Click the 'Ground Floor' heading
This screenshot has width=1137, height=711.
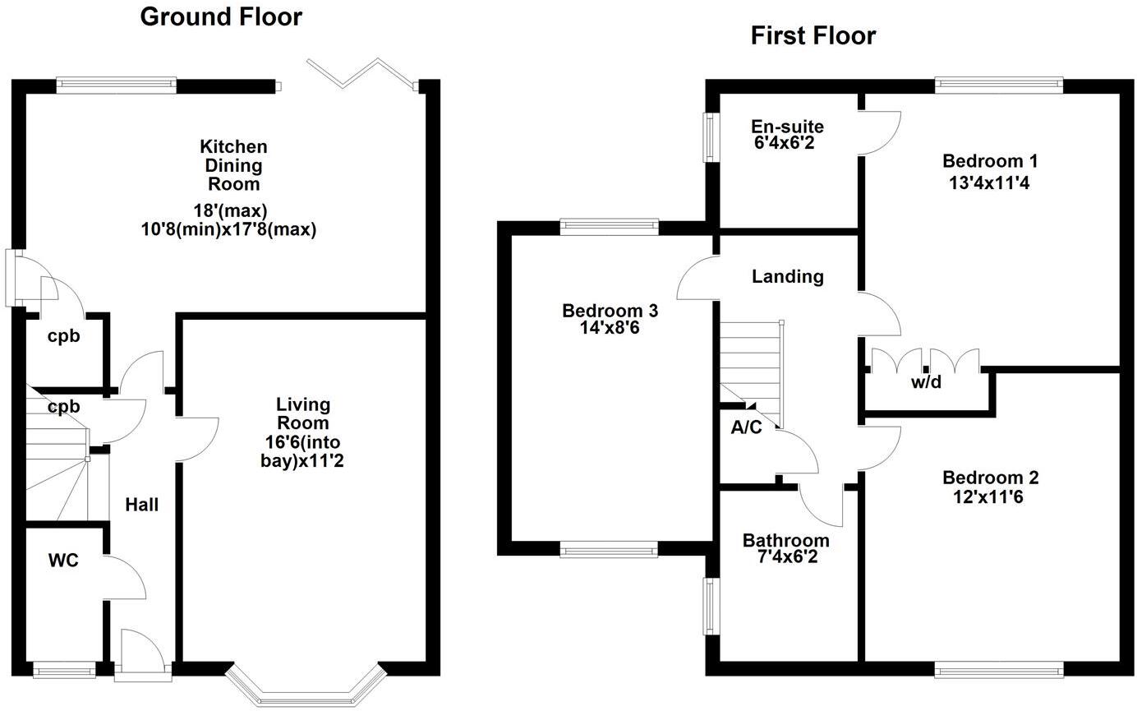point(221,16)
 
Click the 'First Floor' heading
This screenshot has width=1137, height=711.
point(812,35)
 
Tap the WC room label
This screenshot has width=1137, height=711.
point(63,561)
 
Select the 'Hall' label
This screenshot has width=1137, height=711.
point(141,505)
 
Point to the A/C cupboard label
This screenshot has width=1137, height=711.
point(746,427)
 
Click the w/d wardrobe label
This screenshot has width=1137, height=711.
point(926,382)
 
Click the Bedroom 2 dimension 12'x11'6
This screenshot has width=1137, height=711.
point(989,496)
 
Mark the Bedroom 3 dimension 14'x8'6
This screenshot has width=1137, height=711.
point(610,326)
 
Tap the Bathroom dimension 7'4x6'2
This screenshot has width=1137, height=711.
point(785,556)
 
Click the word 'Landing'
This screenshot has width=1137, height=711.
point(787,276)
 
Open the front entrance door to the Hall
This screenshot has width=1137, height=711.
point(143,653)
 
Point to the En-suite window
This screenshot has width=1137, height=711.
point(707,136)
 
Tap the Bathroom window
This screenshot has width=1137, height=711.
point(707,606)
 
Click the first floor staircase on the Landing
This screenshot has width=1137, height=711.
point(749,362)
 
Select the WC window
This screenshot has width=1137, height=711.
point(64,671)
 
